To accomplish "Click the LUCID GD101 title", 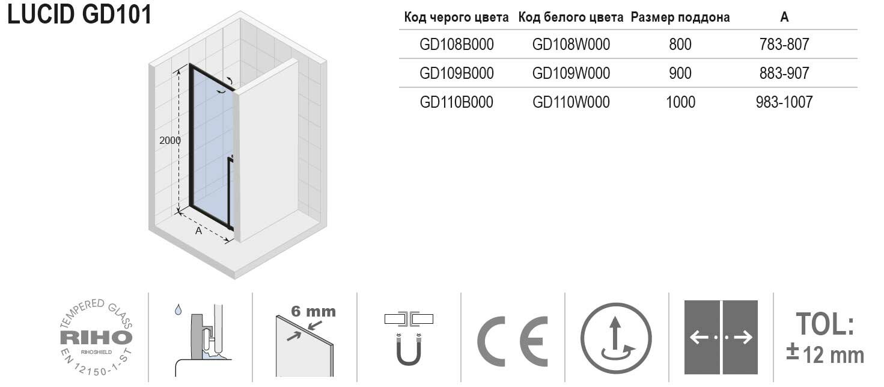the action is pos(80,14).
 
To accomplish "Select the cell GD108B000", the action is pos(457,45).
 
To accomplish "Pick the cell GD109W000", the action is pos(571,73).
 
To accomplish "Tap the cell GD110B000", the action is pos(457,102).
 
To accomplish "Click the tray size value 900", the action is pos(680,73).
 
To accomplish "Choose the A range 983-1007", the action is pos(784,102).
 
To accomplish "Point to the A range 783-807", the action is pos(784,45).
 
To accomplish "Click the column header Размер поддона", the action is pos(680,17).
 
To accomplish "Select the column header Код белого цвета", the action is pos(571,17).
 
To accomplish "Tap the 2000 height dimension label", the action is pos(169,140).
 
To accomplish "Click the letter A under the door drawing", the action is pos(198,231).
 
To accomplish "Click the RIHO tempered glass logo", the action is pos(96,337).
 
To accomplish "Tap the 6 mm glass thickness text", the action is pos(313,312).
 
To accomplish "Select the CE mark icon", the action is pos(513,341).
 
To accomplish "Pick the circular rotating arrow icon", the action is pos(616,338).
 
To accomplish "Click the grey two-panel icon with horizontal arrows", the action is pos(721,337).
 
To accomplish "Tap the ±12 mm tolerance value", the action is pos(825,354).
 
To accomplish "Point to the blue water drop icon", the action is pos(178,309).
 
